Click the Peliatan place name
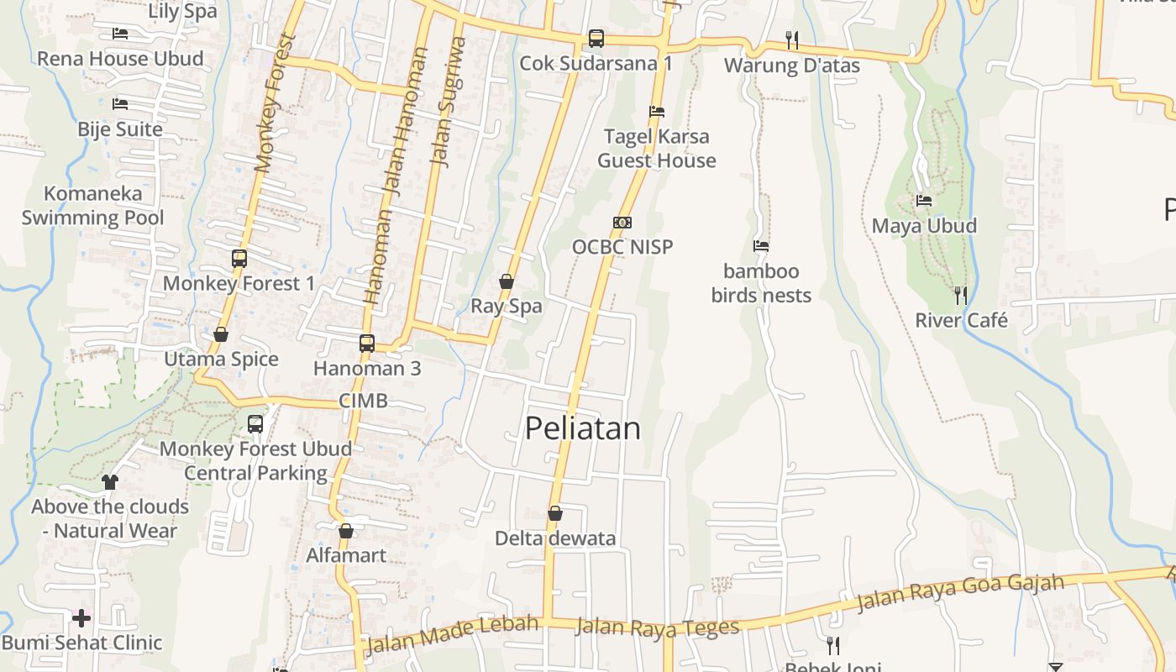583,428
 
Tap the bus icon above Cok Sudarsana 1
596,38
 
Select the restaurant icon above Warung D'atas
791,39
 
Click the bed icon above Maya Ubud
924,201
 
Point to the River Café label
961,320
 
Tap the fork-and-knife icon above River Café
960,295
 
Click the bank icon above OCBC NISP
622,223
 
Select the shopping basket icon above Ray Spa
507,281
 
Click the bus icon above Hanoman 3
367,343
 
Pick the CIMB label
364,401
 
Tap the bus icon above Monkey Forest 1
239,259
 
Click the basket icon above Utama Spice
221,334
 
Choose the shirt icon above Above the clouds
110,481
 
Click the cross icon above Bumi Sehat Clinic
81,618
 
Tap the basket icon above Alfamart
346,531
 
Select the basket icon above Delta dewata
554,513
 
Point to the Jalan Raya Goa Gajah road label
960,591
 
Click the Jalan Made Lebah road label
452,634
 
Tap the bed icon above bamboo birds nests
761,246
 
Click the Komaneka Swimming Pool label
92,206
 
